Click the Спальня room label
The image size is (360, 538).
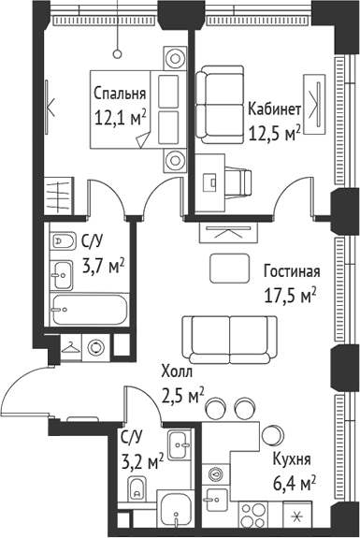[x=119, y=95]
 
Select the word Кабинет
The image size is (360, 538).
[x=274, y=109]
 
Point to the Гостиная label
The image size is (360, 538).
[x=292, y=272]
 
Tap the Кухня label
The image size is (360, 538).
[x=292, y=459]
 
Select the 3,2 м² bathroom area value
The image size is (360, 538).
[x=142, y=459]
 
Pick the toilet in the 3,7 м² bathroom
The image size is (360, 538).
[x=63, y=240]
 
